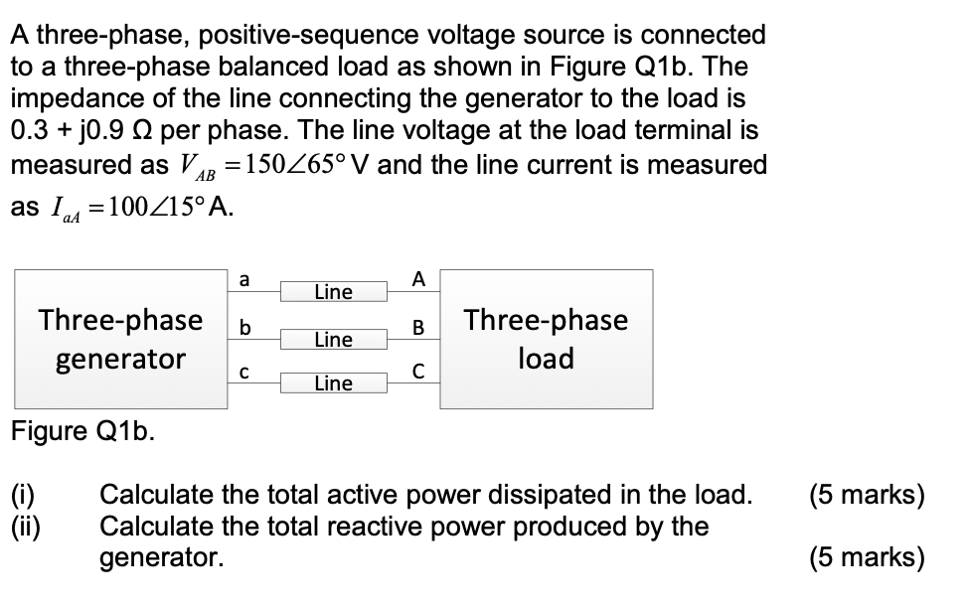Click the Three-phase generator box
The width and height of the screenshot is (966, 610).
click(x=120, y=339)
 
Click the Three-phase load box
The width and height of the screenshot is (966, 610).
click(x=546, y=339)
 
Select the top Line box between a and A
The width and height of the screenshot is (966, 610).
click(x=333, y=292)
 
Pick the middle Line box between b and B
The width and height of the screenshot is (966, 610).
click(x=333, y=340)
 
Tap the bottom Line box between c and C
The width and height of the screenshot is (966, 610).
click(x=333, y=383)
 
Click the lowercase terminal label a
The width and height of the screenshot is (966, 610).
click(x=245, y=281)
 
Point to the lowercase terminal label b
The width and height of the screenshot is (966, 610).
click(x=245, y=328)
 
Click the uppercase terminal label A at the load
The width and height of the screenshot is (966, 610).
click(x=418, y=280)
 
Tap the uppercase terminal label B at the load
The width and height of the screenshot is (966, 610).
click(x=418, y=327)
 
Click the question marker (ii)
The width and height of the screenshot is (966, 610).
click(x=25, y=526)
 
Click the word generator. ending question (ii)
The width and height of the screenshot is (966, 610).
click(x=162, y=558)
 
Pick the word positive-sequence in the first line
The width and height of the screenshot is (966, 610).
click(x=305, y=35)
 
